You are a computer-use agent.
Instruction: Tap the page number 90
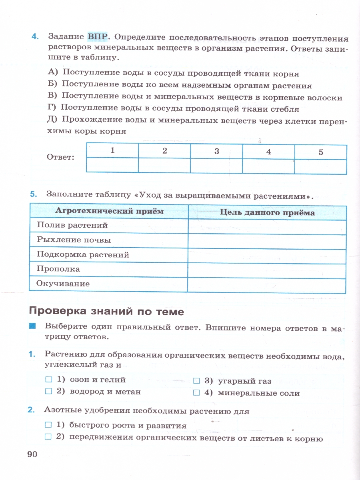pos(32,454)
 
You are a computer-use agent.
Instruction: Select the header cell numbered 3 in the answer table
pos(216,151)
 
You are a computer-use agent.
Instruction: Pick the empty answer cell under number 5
pos(320,166)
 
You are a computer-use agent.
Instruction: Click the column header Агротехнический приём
pos(109,211)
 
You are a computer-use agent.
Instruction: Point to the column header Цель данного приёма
pos(267,212)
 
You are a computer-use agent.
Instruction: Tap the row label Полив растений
pos(72,225)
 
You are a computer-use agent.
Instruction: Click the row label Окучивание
pos(63,284)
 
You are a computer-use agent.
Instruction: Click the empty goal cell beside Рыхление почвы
pos(266,241)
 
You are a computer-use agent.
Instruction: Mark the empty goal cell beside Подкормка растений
pos(266,256)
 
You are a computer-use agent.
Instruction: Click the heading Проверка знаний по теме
pos(106,311)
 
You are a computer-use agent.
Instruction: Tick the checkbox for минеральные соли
pos(196,393)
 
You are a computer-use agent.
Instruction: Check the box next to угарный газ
pos(196,381)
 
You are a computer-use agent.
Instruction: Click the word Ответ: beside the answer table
pos(60,157)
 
